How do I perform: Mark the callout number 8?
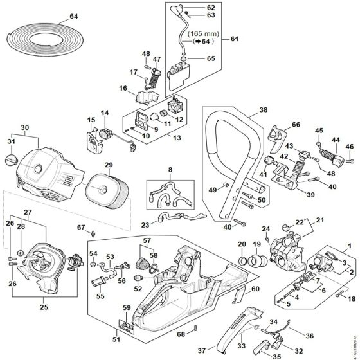pyautogui.click(x=170, y=170)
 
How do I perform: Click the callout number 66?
pyautogui.click(x=296, y=125)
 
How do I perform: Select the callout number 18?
pyautogui.click(x=351, y=299)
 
